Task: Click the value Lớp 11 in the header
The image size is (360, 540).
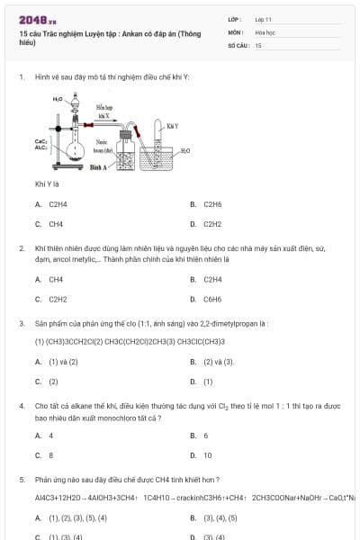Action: tap(263, 19)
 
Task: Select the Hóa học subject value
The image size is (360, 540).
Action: tap(264, 31)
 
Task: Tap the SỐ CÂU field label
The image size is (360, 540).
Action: tap(237, 44)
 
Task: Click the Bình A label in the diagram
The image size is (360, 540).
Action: tap(99, 167)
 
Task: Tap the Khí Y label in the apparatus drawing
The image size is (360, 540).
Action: tap(172, 126)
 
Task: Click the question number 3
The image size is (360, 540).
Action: tap(22, 322)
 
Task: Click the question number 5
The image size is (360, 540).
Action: tap(22, 479)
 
